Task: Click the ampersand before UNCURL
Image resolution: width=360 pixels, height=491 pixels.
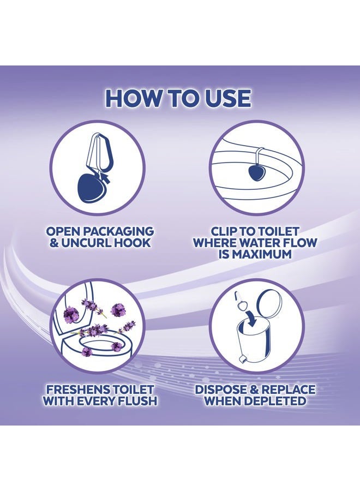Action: pyautogui.click(x=54, y=243)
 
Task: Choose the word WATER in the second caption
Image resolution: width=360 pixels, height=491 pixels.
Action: pyautogui.click(x=257, y=243)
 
